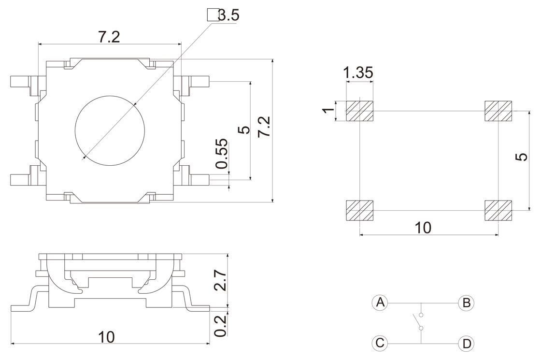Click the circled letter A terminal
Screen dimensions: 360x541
tap(380, 302)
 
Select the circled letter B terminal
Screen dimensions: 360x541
tap(466, 302)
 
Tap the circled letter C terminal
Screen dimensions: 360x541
tap(380, 343)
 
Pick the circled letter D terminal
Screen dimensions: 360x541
tap(466, 343)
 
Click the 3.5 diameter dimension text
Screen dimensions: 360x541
tap(228, 15)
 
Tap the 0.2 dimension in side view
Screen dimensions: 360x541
tap(220, 326)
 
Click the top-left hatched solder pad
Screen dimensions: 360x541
tap(360, 111)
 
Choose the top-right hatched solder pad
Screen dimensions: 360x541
tap(498, 111)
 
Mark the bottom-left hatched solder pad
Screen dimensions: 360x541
tap(360, 210)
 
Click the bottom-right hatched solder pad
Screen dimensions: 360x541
tap(498, 210)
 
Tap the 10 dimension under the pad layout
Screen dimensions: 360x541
tap(423, 227)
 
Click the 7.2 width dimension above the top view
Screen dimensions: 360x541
tap(110, 38)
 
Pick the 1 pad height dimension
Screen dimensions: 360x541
tap(329, 111)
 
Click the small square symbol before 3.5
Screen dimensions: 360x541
tap(212, 15)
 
